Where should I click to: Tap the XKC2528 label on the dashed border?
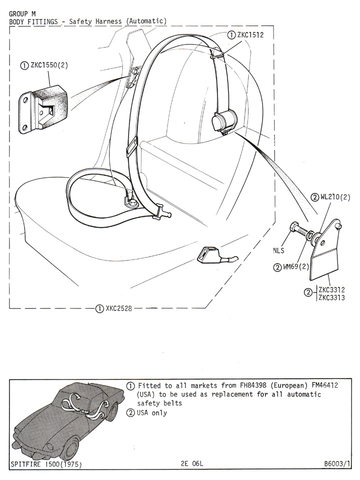click(118, 308)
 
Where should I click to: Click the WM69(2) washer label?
click(297, 266)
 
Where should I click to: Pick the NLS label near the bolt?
click(278, 251)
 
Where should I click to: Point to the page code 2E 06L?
click(192, 464)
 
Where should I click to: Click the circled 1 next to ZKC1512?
click(231, 35)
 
